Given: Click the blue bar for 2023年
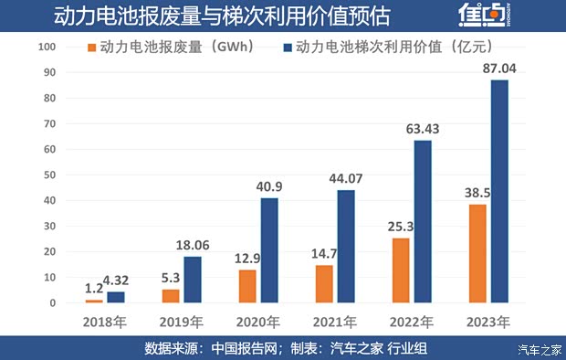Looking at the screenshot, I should point(498,191).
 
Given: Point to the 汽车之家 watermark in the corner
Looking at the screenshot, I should point(538,349).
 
